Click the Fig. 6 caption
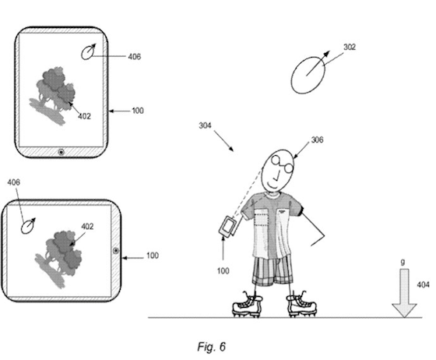tap(211, 347)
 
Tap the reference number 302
tap(350, 47)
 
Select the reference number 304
tap(205, 125)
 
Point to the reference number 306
tap(318, 139)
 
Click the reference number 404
tap(424, 284)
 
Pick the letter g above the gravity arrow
tap(403, 263)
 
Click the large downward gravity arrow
tap(404, 293)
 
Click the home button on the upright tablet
tap(62, 152)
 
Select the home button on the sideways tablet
tap(116, 251)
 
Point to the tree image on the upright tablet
tap(52, 95)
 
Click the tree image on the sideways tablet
tap(58, 258)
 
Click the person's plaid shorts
tap(272, 270)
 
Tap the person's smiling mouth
tap(272, 185)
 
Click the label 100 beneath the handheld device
tap(223, 270)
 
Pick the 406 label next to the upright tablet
tap(135, 57)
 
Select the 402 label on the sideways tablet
tap(87, 227)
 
